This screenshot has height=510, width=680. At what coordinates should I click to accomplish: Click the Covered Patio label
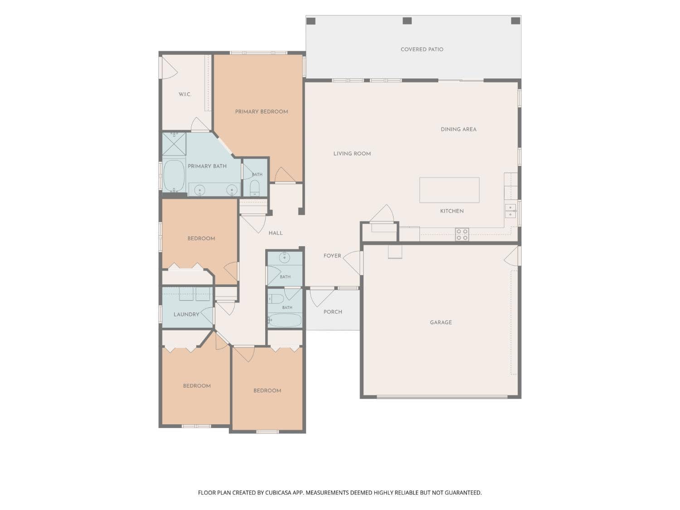(x=422, y=49)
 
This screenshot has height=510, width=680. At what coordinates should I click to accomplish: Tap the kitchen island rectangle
(x=449, y=190)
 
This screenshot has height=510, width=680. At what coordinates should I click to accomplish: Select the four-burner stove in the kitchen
(x=461, y=234)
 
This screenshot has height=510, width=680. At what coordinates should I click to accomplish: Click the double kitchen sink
(x=510, y=210)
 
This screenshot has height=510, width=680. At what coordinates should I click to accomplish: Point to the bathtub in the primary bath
(x=174, y=175)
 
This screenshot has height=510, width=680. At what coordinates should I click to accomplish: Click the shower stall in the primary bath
(x=174, y=144)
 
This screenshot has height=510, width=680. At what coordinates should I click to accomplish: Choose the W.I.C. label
(x=185, y=94)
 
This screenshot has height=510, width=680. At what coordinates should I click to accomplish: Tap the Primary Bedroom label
(x=262, y=112)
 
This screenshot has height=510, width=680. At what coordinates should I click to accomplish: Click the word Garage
(x=441, y=322)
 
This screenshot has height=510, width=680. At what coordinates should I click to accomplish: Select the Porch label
(x=333, y=312)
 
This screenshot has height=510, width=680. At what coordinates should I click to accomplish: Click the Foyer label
(x=332, y=256)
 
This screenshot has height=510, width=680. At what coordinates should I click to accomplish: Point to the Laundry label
(x=186, y=314)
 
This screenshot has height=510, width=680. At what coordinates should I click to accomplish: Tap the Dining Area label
(x=458, y=129)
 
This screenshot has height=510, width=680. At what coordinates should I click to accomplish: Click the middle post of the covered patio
(x=407, y=21)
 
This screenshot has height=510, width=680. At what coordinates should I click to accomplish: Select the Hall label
(x=276, y=233)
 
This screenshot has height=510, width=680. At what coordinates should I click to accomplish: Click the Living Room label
(x=352, y=154)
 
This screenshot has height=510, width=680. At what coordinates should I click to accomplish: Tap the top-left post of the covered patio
(x=311, y=21)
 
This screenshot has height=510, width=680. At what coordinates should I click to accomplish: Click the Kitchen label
(x=452, y=211)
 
